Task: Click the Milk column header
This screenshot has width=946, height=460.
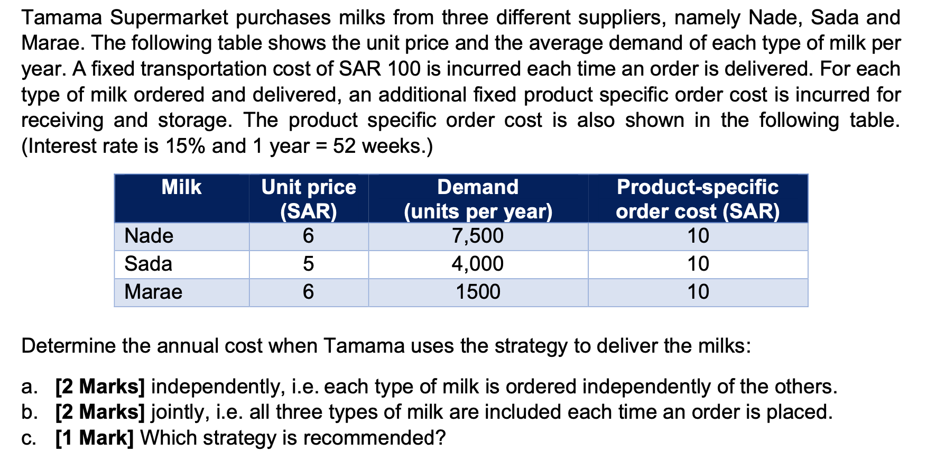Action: (181, 187)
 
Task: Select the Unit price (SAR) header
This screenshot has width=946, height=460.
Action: (309, 199)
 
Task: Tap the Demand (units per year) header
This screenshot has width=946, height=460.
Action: (478, 199)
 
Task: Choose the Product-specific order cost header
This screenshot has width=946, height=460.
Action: (698, 199)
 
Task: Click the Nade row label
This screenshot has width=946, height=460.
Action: (149, 236)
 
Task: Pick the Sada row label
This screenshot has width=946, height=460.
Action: (148, 264)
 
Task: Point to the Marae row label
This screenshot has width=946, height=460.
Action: (153, 292)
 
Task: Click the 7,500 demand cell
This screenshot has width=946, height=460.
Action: (478, 236)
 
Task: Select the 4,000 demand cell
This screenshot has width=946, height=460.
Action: (478, 264)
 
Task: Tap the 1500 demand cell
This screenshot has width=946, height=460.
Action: (478, 292)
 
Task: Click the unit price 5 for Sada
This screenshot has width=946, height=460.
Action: (309, 264)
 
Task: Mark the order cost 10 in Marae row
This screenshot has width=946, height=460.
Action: (698, 292)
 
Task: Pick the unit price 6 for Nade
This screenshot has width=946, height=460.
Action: (309, 236)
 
